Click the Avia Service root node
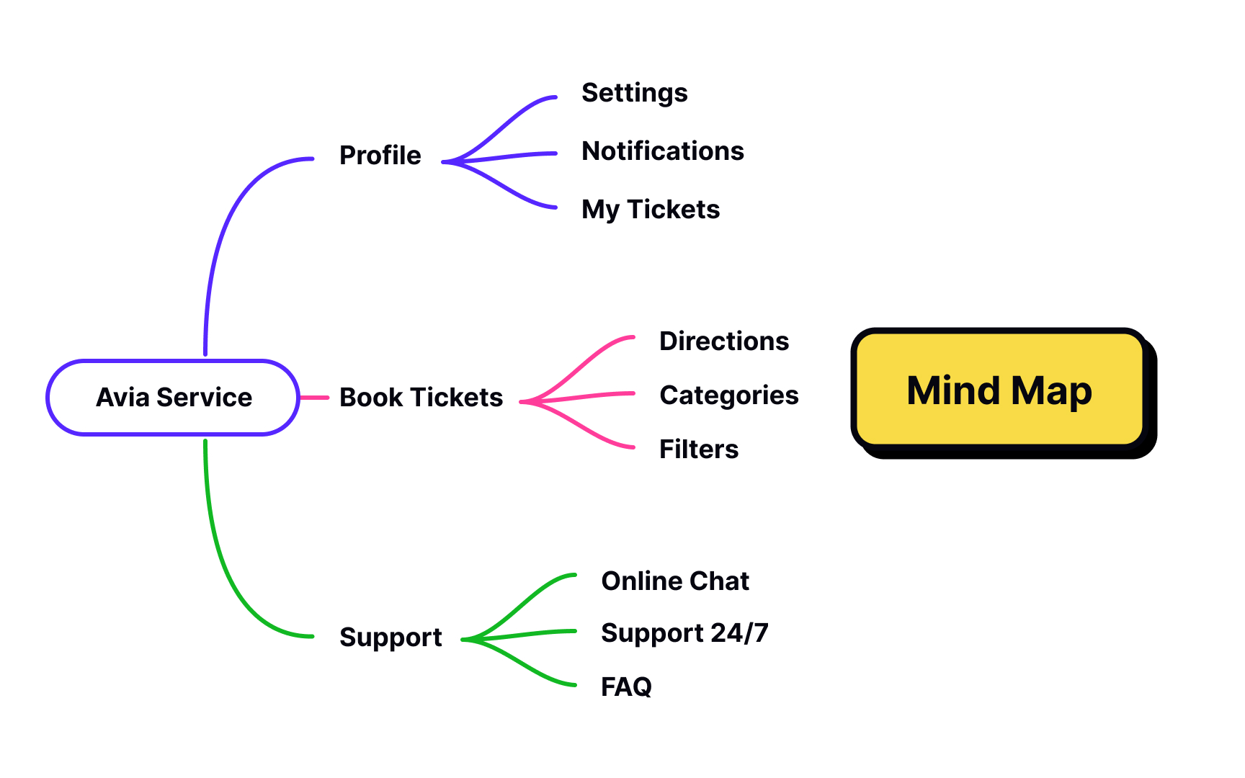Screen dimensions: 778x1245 pos(173,398)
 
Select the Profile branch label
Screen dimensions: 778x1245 pos(380,156)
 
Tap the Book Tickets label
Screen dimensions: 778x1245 pos(421,398)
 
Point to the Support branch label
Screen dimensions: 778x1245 pos(391,638)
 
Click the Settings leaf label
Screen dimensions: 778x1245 pos(634,93)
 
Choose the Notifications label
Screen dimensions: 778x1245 pos(662,151)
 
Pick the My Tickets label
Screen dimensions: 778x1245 pos(650,210)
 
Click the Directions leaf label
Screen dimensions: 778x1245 pos(723,341)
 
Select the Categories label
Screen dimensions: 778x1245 pos(728,395)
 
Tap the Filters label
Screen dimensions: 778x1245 pos(698,450)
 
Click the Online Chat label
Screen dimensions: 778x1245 pos(674,581)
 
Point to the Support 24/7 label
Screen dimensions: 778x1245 pos(684,633)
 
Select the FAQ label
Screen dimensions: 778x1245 pos(625,687)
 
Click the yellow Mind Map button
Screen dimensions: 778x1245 pos(999,390)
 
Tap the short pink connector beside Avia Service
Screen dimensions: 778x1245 pos(314,398)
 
